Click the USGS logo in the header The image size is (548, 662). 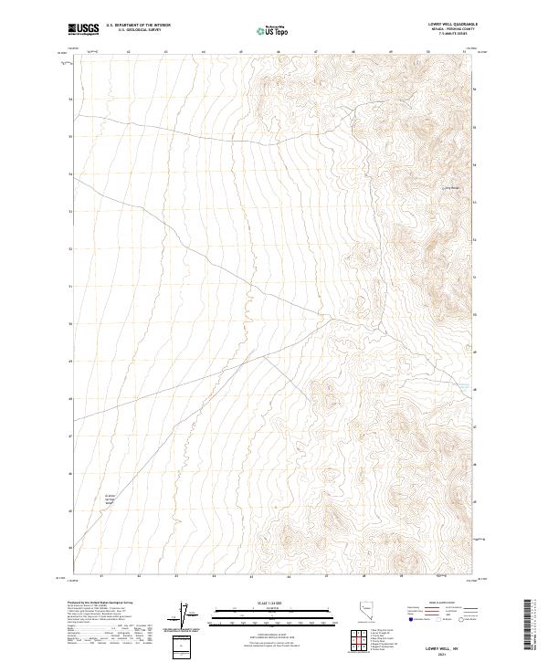[x=82, y=29]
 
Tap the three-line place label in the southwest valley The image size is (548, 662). [x=110, y=500]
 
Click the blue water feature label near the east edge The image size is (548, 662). [x=464, y=387]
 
